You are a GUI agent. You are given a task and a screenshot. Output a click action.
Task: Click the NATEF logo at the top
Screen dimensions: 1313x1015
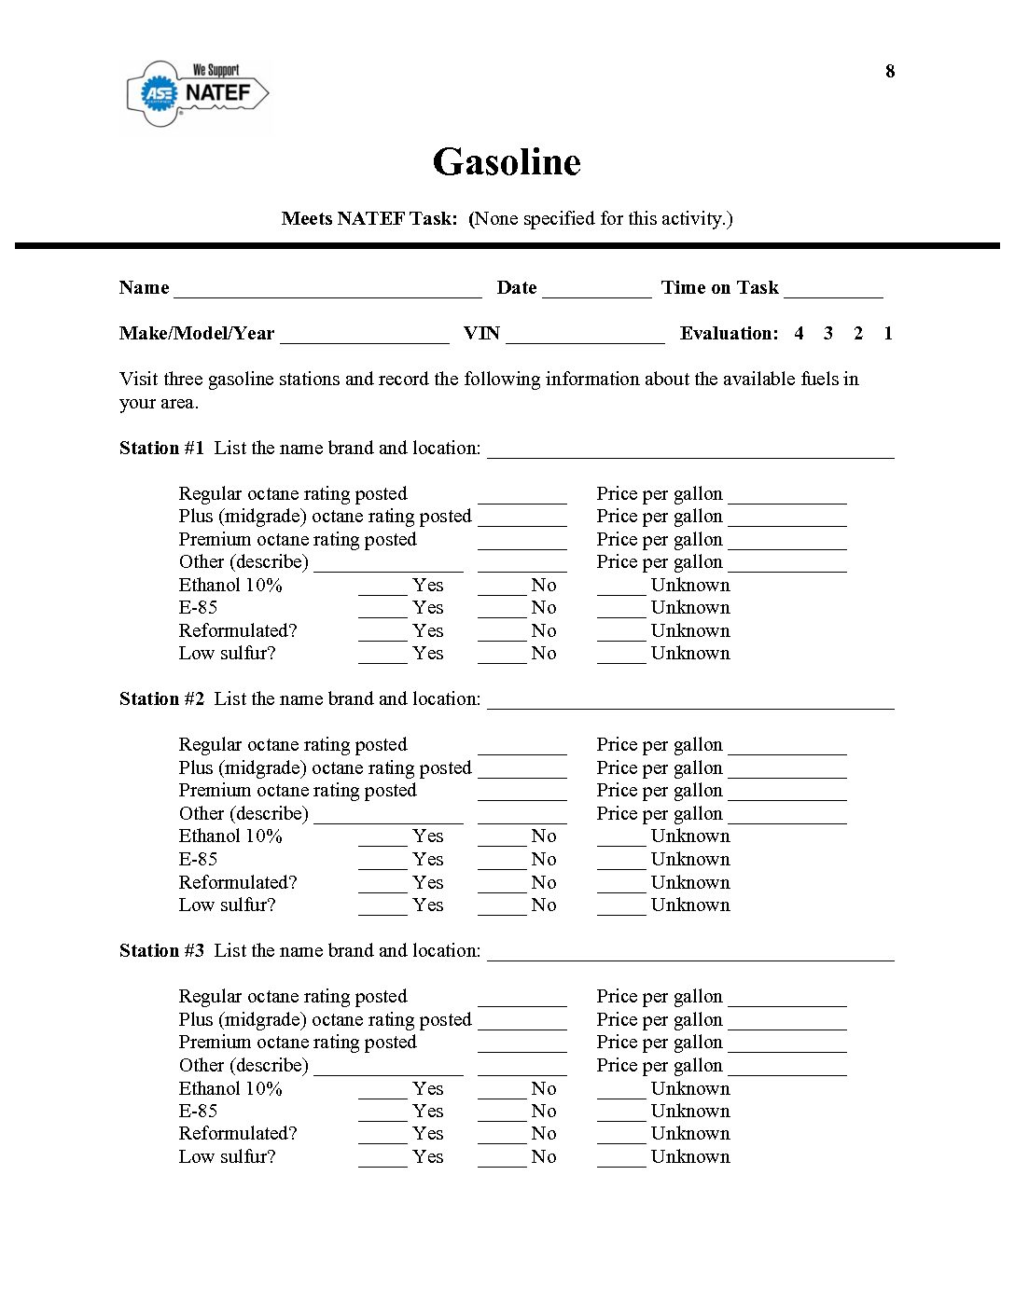198,93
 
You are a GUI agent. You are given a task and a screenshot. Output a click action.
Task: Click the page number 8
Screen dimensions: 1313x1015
890,72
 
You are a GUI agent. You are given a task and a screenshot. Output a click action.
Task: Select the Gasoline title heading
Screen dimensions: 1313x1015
507,162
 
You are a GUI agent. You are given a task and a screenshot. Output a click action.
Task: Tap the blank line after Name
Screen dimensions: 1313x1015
327,290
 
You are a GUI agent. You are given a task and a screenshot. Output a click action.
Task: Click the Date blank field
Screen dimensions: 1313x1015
597,290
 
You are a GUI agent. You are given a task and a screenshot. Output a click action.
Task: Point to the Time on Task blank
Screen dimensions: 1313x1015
833,290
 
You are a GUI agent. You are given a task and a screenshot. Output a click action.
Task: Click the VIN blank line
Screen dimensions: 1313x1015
585,336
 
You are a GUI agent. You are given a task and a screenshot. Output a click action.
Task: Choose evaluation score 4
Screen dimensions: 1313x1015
799,334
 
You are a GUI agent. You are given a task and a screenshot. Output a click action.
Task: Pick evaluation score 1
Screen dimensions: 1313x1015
888,334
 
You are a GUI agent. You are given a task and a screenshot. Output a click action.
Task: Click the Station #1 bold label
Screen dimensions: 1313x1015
161,449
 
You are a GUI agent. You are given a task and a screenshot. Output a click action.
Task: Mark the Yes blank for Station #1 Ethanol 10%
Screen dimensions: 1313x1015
382,588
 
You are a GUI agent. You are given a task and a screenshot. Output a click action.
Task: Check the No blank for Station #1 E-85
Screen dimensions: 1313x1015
502,611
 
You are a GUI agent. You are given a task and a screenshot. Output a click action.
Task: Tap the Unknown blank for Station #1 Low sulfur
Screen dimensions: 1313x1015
621,656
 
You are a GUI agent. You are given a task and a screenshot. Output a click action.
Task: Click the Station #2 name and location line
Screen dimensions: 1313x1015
690,702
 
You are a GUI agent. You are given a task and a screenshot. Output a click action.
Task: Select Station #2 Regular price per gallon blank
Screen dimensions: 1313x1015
787,748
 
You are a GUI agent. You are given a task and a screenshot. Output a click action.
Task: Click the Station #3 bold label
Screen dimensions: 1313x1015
161,951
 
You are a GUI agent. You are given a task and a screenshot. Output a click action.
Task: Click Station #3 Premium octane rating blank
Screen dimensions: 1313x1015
521,1045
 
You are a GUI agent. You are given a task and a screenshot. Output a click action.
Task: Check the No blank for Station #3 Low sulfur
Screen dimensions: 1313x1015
502,1160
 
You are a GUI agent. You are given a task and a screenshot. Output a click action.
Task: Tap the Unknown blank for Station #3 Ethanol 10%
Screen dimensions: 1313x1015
621,1092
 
